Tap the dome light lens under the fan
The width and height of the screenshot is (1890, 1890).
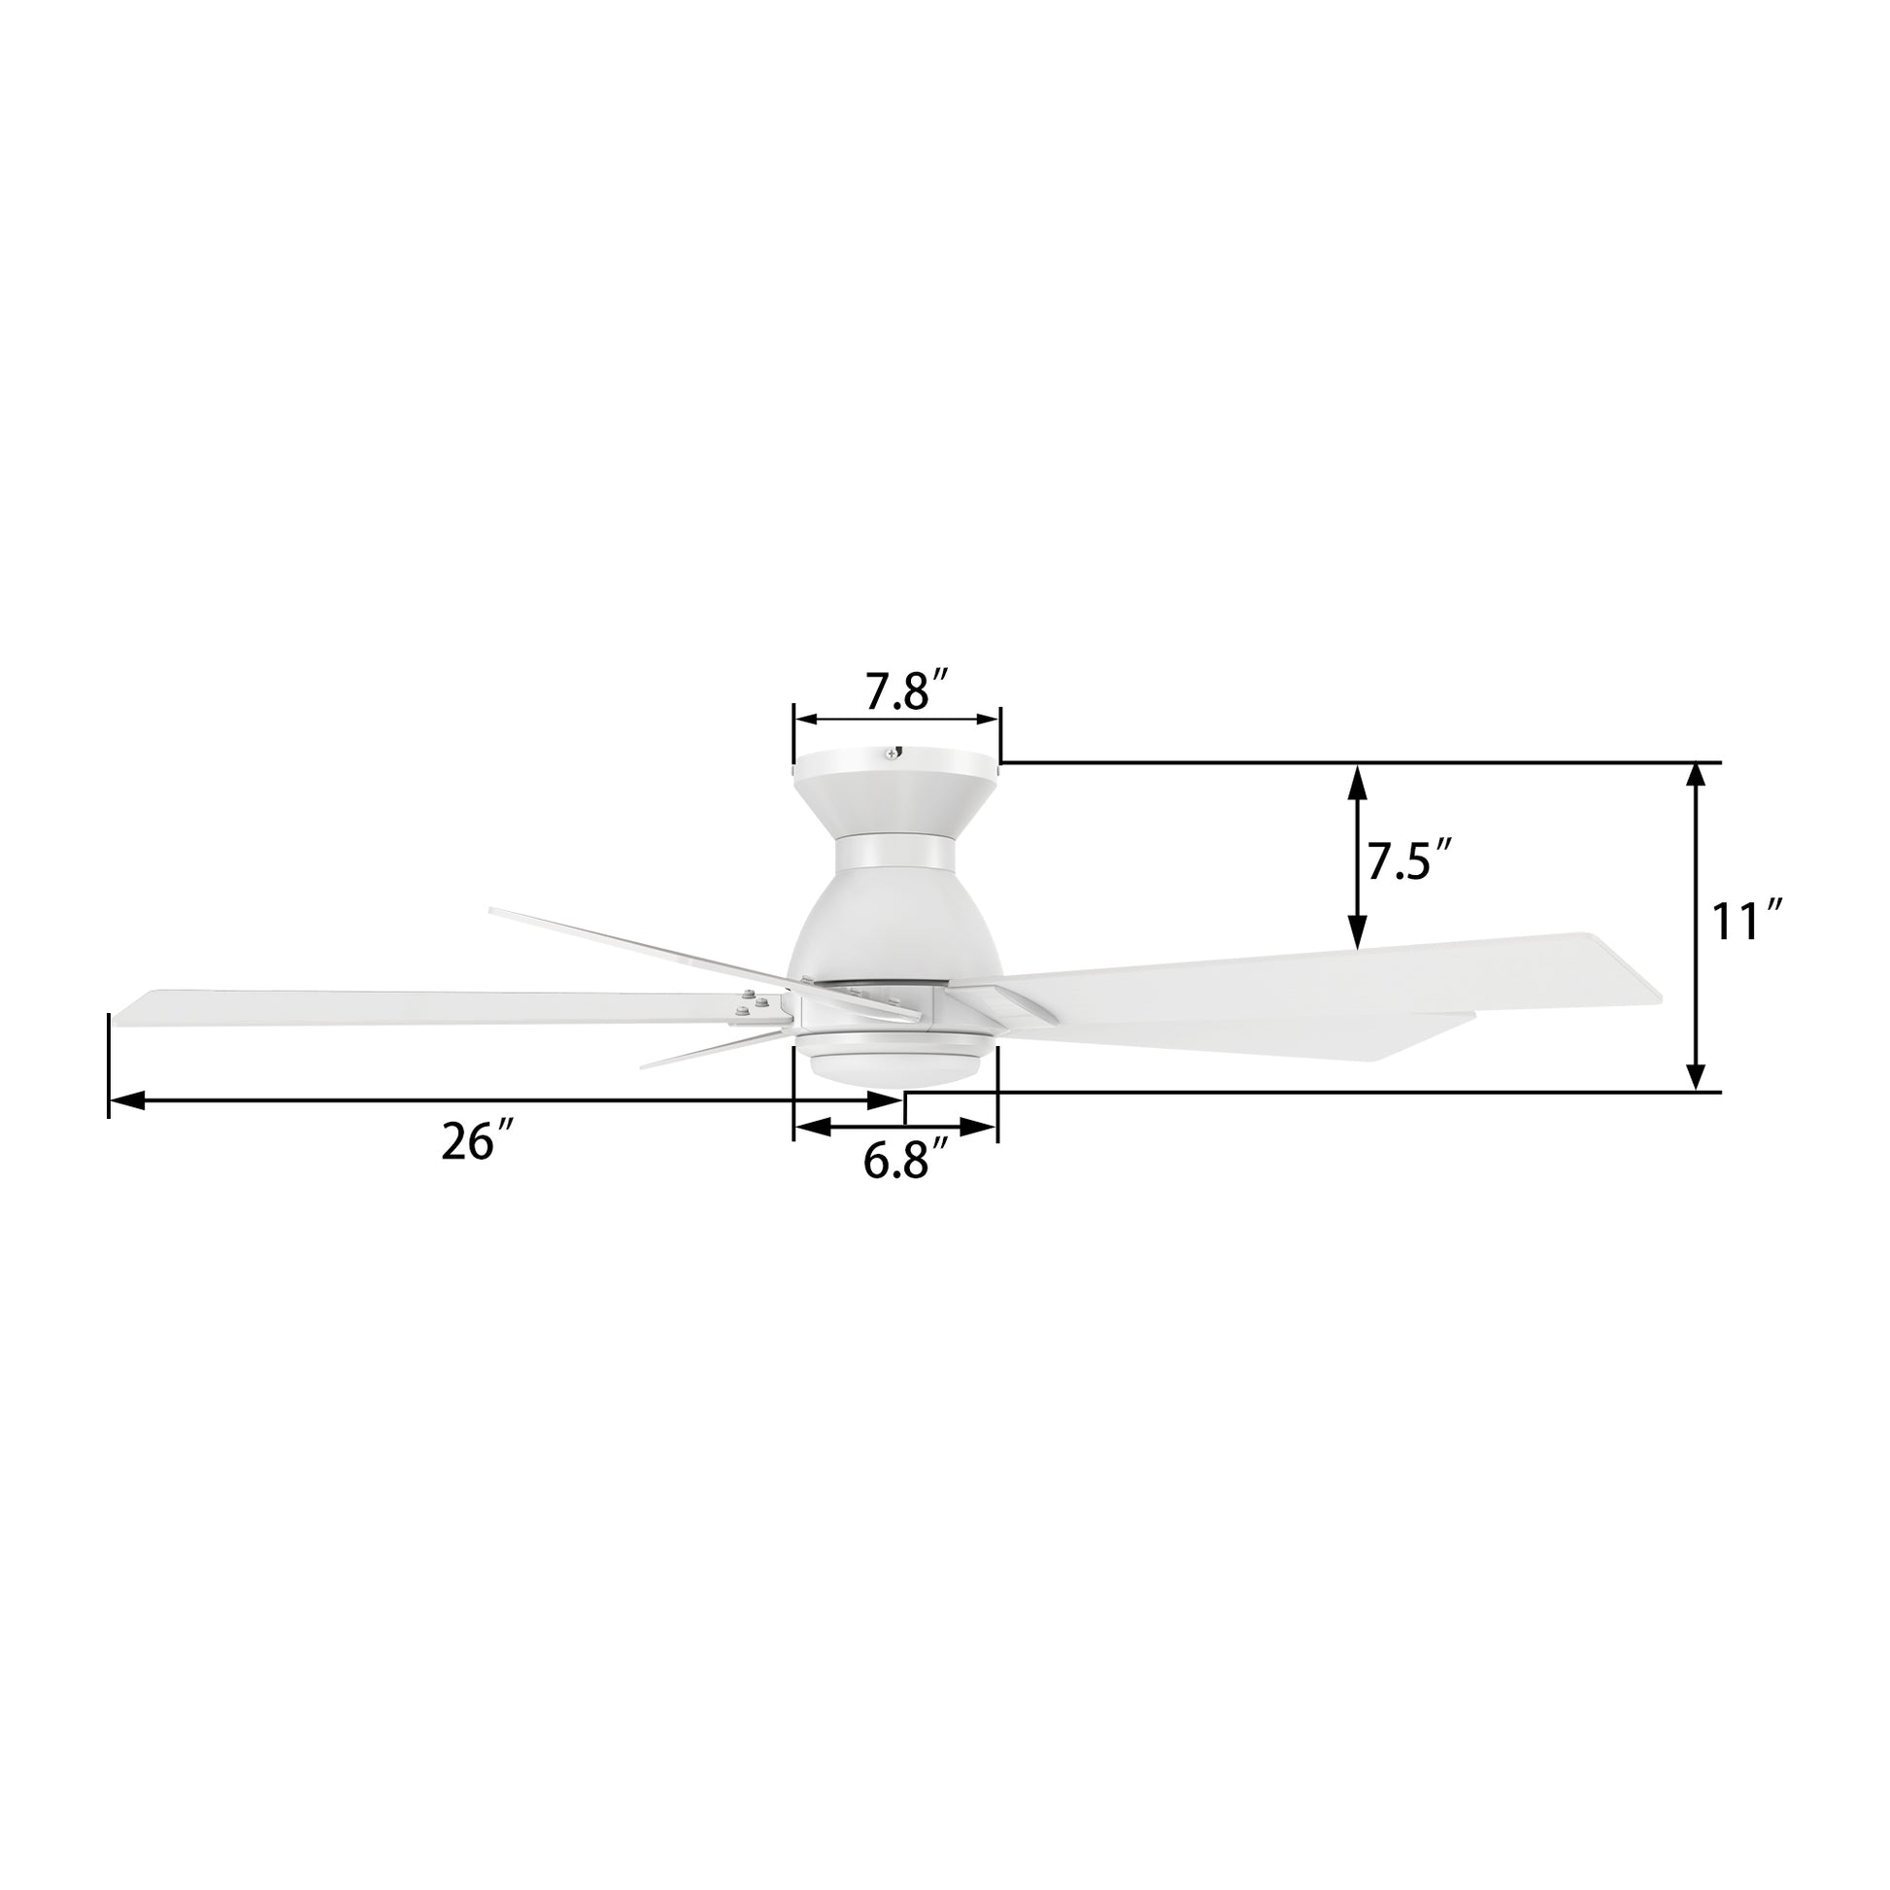tap(895, 1068)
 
